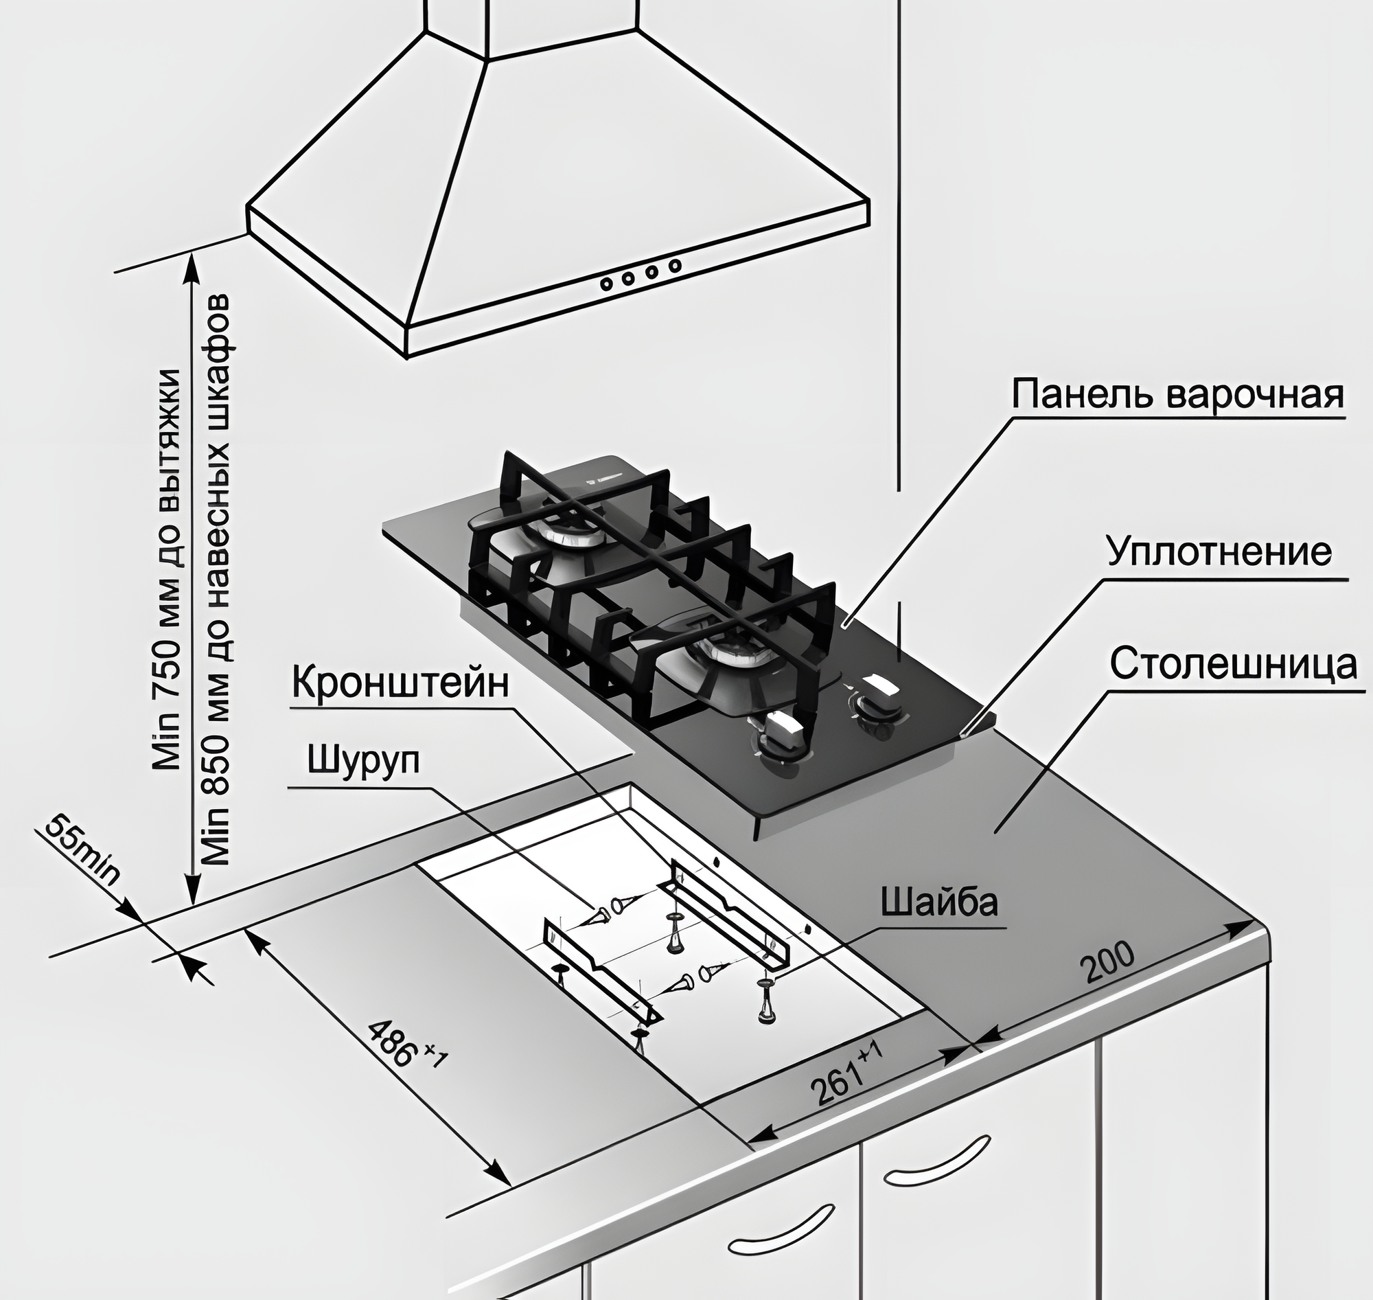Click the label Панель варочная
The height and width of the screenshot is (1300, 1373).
(x=1177, y=396)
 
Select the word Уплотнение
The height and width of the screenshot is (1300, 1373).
(x=1219, y=552)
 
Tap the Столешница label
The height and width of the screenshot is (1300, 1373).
(x=1233, y=665)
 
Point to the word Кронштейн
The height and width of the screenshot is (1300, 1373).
(x=400, y=683)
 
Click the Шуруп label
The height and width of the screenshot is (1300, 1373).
(x=363, y=761)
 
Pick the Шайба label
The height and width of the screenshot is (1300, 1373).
(x=938, y=902)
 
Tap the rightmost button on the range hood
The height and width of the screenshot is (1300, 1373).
(x=674, y=265)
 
